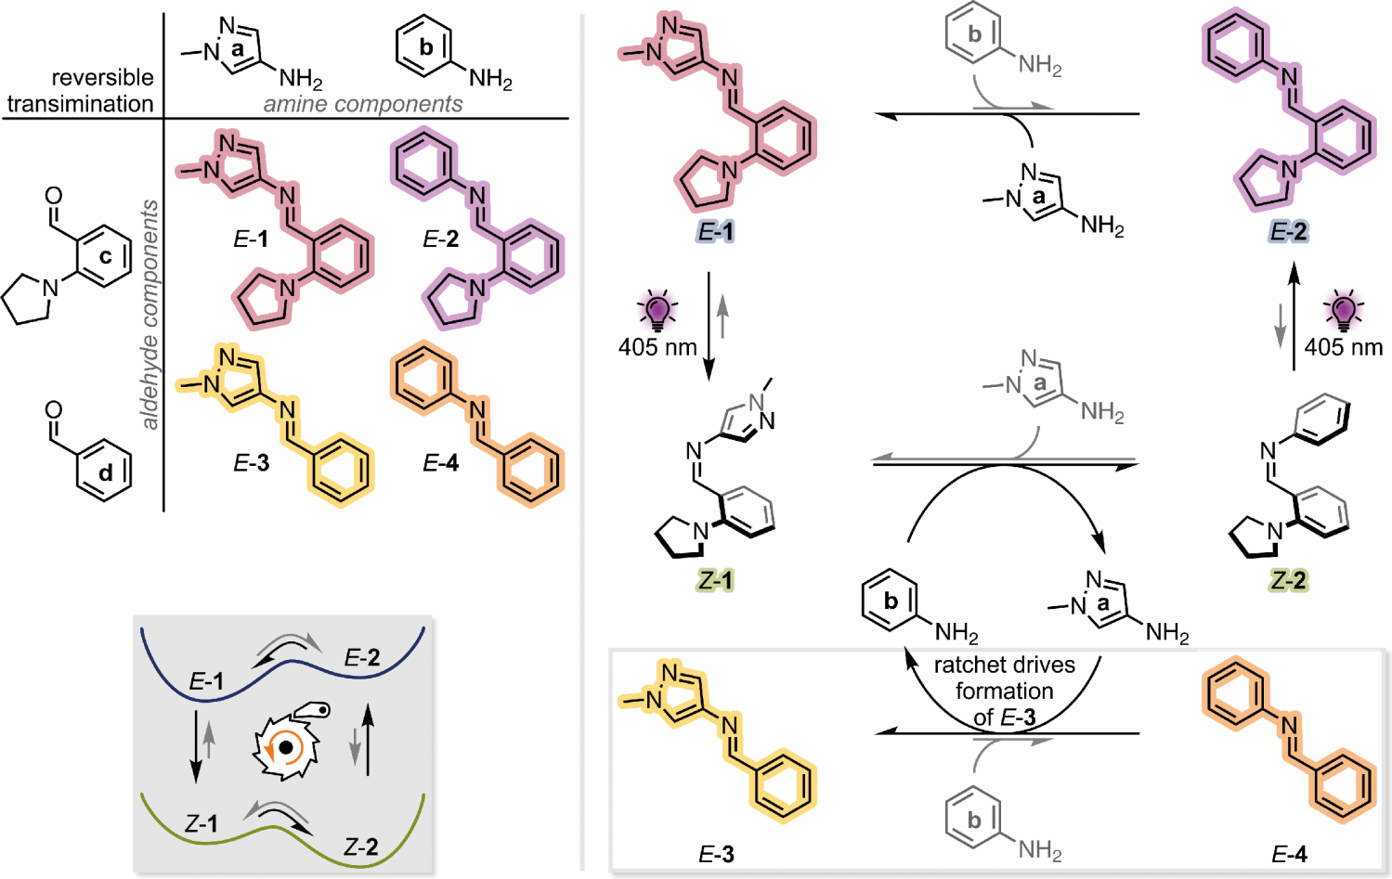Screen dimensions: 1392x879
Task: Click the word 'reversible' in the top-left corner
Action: [x=102, y=78]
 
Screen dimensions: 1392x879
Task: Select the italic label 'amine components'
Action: [x=363, y=104]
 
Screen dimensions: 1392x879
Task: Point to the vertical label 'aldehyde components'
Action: [x=150, y=315]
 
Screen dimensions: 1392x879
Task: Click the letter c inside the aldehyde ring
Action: [x=106, y=256]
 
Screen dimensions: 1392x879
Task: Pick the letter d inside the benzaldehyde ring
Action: [x=106, y=473]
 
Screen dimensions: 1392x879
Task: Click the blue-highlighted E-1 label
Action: [x=716, y=232]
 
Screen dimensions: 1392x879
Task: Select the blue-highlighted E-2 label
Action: [x=1288, y=232]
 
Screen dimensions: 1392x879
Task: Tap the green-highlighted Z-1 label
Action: [x=715, y=581]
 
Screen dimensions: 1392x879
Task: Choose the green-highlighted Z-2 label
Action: [x=1288, y=581]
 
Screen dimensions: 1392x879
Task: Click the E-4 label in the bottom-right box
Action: [x=1288, y=856]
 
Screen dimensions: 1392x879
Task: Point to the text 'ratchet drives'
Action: [x=1004, y=666]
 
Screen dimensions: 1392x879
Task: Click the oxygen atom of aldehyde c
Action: [x=54, y=196]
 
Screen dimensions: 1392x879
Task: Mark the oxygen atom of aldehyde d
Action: [x=54, y=410]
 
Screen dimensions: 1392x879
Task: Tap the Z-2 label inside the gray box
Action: [x=361, y=847]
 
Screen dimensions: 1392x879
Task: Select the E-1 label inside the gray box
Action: [x=206, y=682]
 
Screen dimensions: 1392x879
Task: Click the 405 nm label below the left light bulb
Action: [x=657, y=347]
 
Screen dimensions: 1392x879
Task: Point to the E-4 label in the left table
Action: [x=440, y=463]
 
